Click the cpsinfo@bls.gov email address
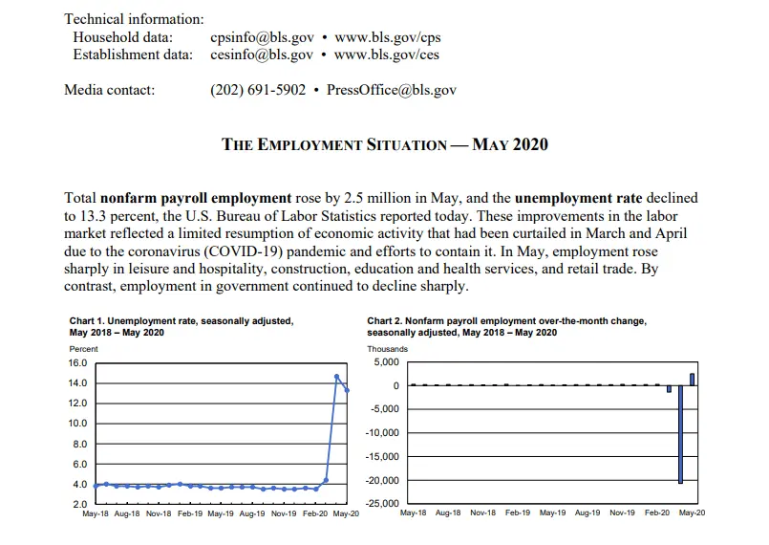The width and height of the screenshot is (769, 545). [x=261, y=38]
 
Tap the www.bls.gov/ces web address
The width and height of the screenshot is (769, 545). [x=387, y=54]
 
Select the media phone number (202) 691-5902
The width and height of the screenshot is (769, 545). [x=258, y=90]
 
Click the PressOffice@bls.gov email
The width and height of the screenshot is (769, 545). [x=391, y=90]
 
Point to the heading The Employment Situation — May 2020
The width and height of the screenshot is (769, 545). [x=385, y=144]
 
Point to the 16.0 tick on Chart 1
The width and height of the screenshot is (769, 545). [x=77, y=363]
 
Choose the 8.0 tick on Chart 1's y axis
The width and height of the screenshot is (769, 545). [x=79, y=444]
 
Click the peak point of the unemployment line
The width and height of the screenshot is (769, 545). [x=336, y=376]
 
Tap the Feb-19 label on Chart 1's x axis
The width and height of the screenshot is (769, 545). [x=190, y=513]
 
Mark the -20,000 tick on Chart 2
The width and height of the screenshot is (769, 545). [x=382, y=480]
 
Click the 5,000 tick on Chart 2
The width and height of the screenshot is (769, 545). [x=387, y=363]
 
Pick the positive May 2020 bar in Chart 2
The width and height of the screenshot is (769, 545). [x=692, y=380]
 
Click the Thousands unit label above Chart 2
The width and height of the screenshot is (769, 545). [x=387, y=349]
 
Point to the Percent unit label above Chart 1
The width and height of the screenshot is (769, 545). [x=84, y=349]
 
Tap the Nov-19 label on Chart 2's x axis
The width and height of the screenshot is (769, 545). [x=622, y=513]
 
